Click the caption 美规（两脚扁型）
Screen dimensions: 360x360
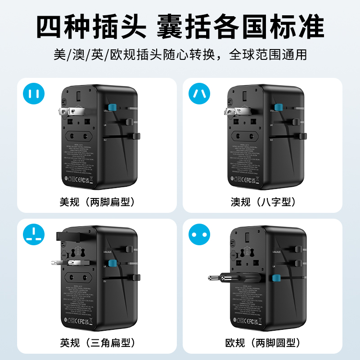pos(98,202)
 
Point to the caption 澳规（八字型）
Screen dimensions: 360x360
pos(263,202)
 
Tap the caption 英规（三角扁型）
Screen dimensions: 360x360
pos(98,343)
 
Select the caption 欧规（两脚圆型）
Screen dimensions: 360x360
pos(263,343)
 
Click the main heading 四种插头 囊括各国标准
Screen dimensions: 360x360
pos(180,27)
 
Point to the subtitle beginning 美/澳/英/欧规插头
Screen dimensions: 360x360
pos(180,54)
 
